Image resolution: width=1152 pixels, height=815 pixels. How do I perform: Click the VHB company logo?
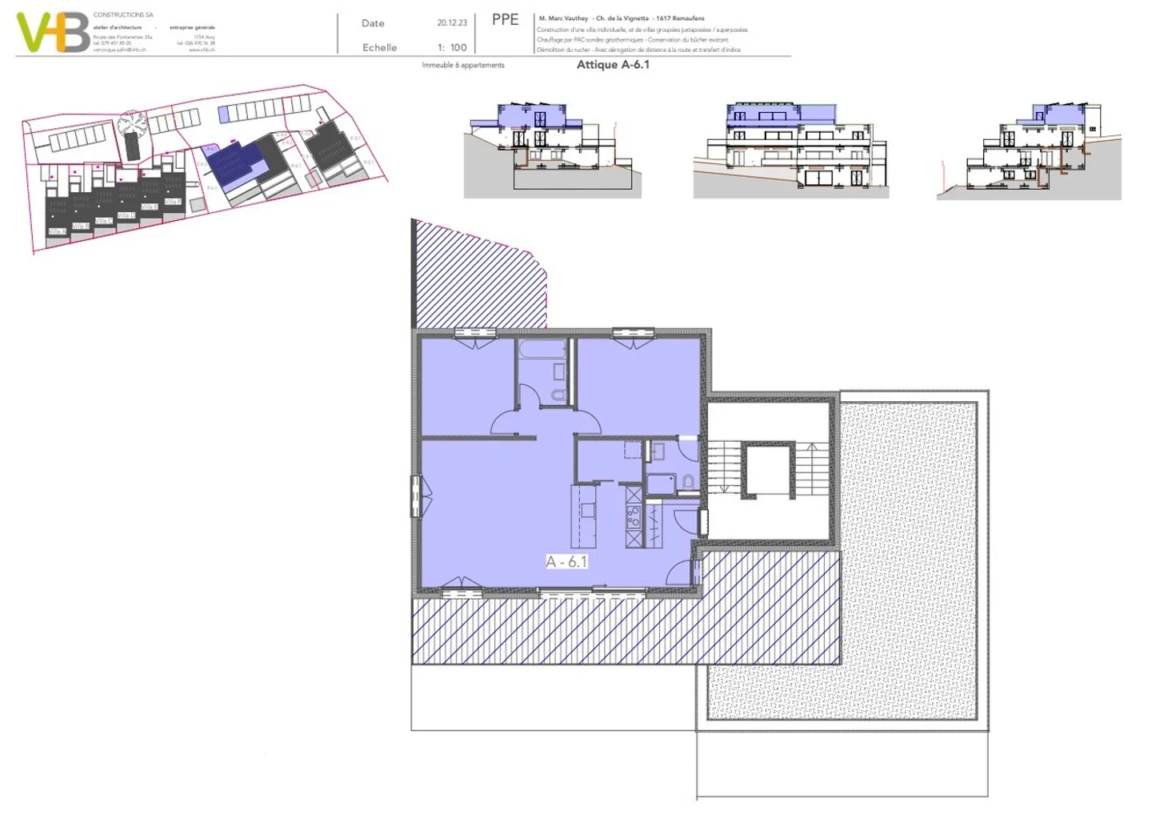tap(53, 33)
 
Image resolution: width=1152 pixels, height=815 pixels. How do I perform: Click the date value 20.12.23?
tap(452, 23)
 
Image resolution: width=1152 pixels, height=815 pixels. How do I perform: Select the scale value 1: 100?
tap(452, 47)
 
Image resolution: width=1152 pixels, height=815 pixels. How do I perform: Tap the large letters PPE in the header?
tap(505, 20)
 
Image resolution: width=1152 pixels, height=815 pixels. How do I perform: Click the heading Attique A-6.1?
tap(613, 65)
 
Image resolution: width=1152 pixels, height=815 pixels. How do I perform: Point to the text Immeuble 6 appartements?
tap(463, 65)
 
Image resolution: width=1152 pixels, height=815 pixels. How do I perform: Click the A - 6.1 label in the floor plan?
tap(566, 561)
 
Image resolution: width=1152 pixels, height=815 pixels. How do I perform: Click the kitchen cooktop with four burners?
tap(634, 517)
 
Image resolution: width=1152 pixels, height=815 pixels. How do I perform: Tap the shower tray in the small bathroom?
tap(660, 483)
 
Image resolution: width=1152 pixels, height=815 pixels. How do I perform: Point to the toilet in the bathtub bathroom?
tap(558, 393)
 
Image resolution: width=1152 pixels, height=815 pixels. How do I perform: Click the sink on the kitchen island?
tap(588, 510)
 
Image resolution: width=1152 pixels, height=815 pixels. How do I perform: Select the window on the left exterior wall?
tap(416, 496)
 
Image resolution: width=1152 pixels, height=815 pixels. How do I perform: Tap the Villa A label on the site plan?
tap(57, 231)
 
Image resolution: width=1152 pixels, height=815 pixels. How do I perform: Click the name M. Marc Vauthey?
tap(563, 18)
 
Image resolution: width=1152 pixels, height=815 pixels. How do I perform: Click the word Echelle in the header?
tap(379, 47)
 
